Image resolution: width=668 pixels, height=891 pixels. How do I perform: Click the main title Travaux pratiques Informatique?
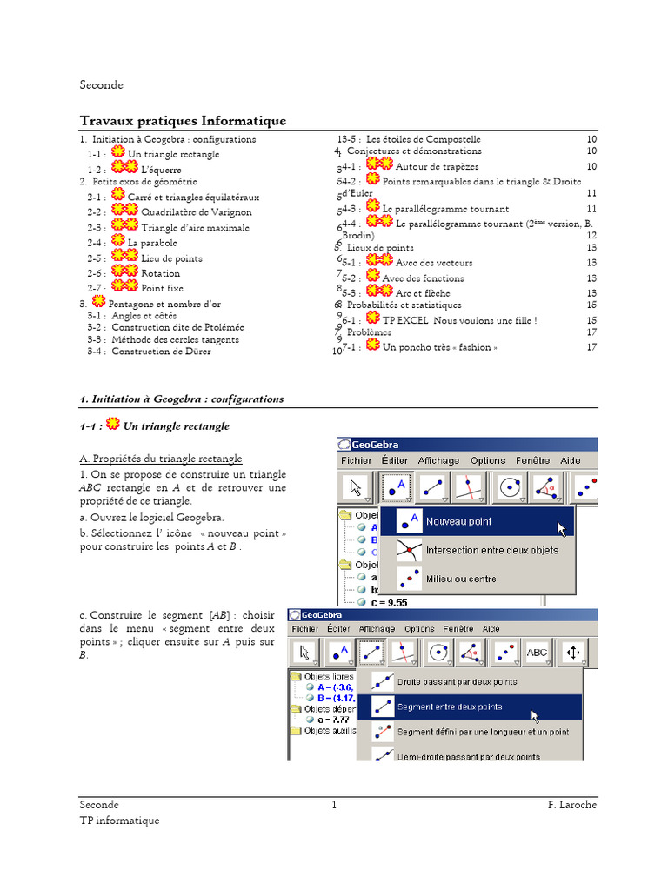point(183,121)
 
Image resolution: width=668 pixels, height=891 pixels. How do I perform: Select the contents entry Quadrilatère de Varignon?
point(197,211)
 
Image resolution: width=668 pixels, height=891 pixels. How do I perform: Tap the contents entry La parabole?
point(152,243)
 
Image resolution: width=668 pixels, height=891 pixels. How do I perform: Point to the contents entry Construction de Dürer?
point(161,352)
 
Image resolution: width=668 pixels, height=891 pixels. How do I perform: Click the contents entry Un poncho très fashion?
point(440,347)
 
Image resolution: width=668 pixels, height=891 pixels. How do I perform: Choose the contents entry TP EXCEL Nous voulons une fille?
point(459,320)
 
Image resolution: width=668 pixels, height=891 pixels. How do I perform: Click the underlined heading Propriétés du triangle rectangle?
point(161,459)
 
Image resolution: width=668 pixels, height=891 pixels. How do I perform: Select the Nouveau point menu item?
point(458,522)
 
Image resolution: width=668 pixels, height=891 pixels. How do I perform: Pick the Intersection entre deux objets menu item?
point(491,551)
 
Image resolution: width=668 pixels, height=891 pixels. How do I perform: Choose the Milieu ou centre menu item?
point(461,579)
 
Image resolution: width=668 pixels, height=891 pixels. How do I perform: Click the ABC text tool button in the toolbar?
point(537,652)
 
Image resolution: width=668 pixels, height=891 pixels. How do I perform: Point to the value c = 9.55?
point(389,602)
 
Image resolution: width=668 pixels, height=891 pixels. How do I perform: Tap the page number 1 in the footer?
point(334,806)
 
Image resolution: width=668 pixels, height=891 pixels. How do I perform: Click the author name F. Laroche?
point(571,806)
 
